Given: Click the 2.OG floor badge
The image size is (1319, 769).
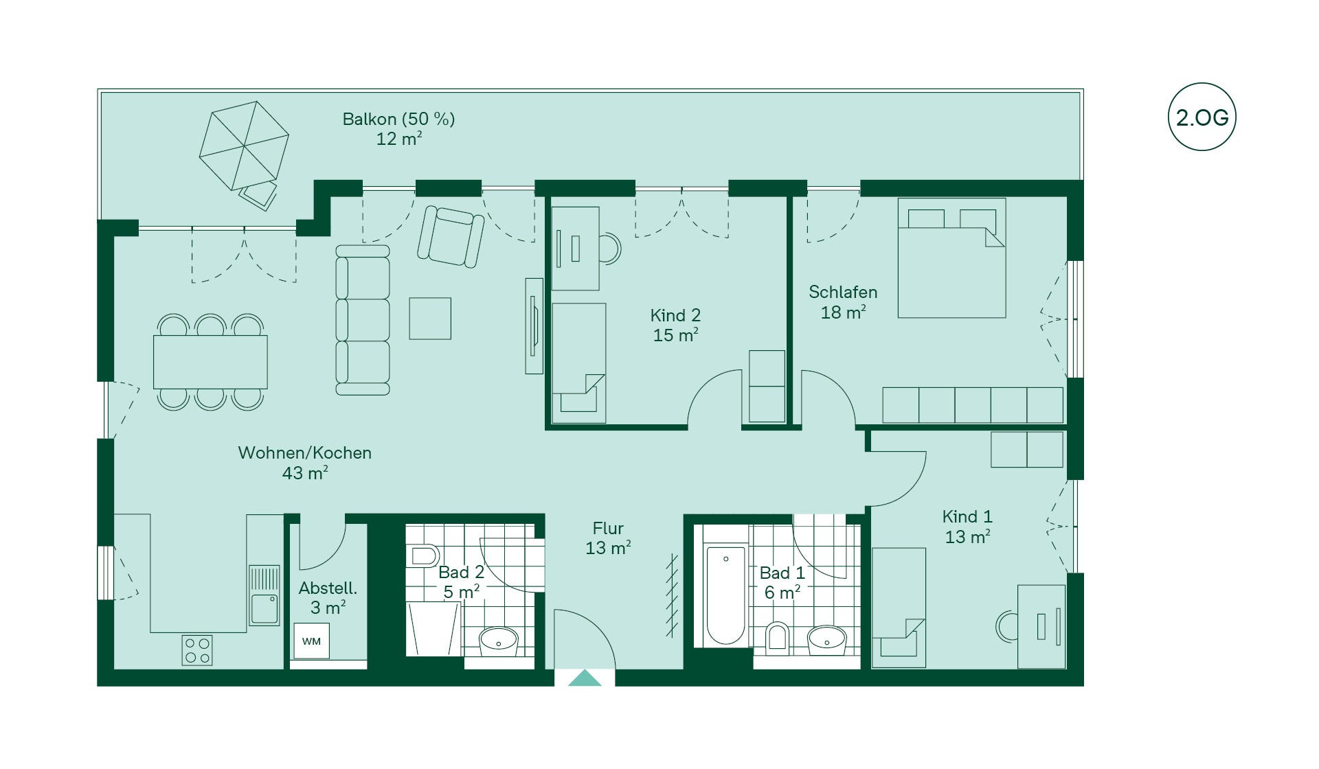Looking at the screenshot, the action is tap(1202, 117).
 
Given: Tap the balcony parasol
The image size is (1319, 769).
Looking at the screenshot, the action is tap(244, 146).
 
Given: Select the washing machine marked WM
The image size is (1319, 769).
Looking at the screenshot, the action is tap(311, 641).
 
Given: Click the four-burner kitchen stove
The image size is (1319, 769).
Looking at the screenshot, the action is tap(197, 650).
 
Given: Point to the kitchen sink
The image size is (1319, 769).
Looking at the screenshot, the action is tap(264, 595).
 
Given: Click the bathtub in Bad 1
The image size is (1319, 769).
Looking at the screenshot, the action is tap(725, 595).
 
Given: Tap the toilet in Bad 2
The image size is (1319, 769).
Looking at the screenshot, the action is tap(425, 555).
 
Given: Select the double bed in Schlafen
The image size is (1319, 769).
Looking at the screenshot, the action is tap(951, 258).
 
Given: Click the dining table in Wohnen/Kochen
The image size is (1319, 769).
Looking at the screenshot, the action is tap(210, 362).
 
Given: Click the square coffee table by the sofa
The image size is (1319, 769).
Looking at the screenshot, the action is tap(430, 319).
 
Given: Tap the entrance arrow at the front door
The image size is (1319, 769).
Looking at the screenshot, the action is tap(585, 678).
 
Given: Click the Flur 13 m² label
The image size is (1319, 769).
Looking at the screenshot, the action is tap(608, 538).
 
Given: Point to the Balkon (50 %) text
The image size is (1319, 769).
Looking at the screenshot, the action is tap(398, 119).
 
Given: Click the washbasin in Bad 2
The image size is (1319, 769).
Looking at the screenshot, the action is tap(499, 640).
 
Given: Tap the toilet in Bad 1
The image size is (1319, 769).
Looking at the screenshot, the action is tap(777, 636).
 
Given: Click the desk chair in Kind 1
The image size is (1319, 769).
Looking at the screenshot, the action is tap(1006, 626).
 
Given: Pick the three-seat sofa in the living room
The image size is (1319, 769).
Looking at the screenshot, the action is tap(363, 320).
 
